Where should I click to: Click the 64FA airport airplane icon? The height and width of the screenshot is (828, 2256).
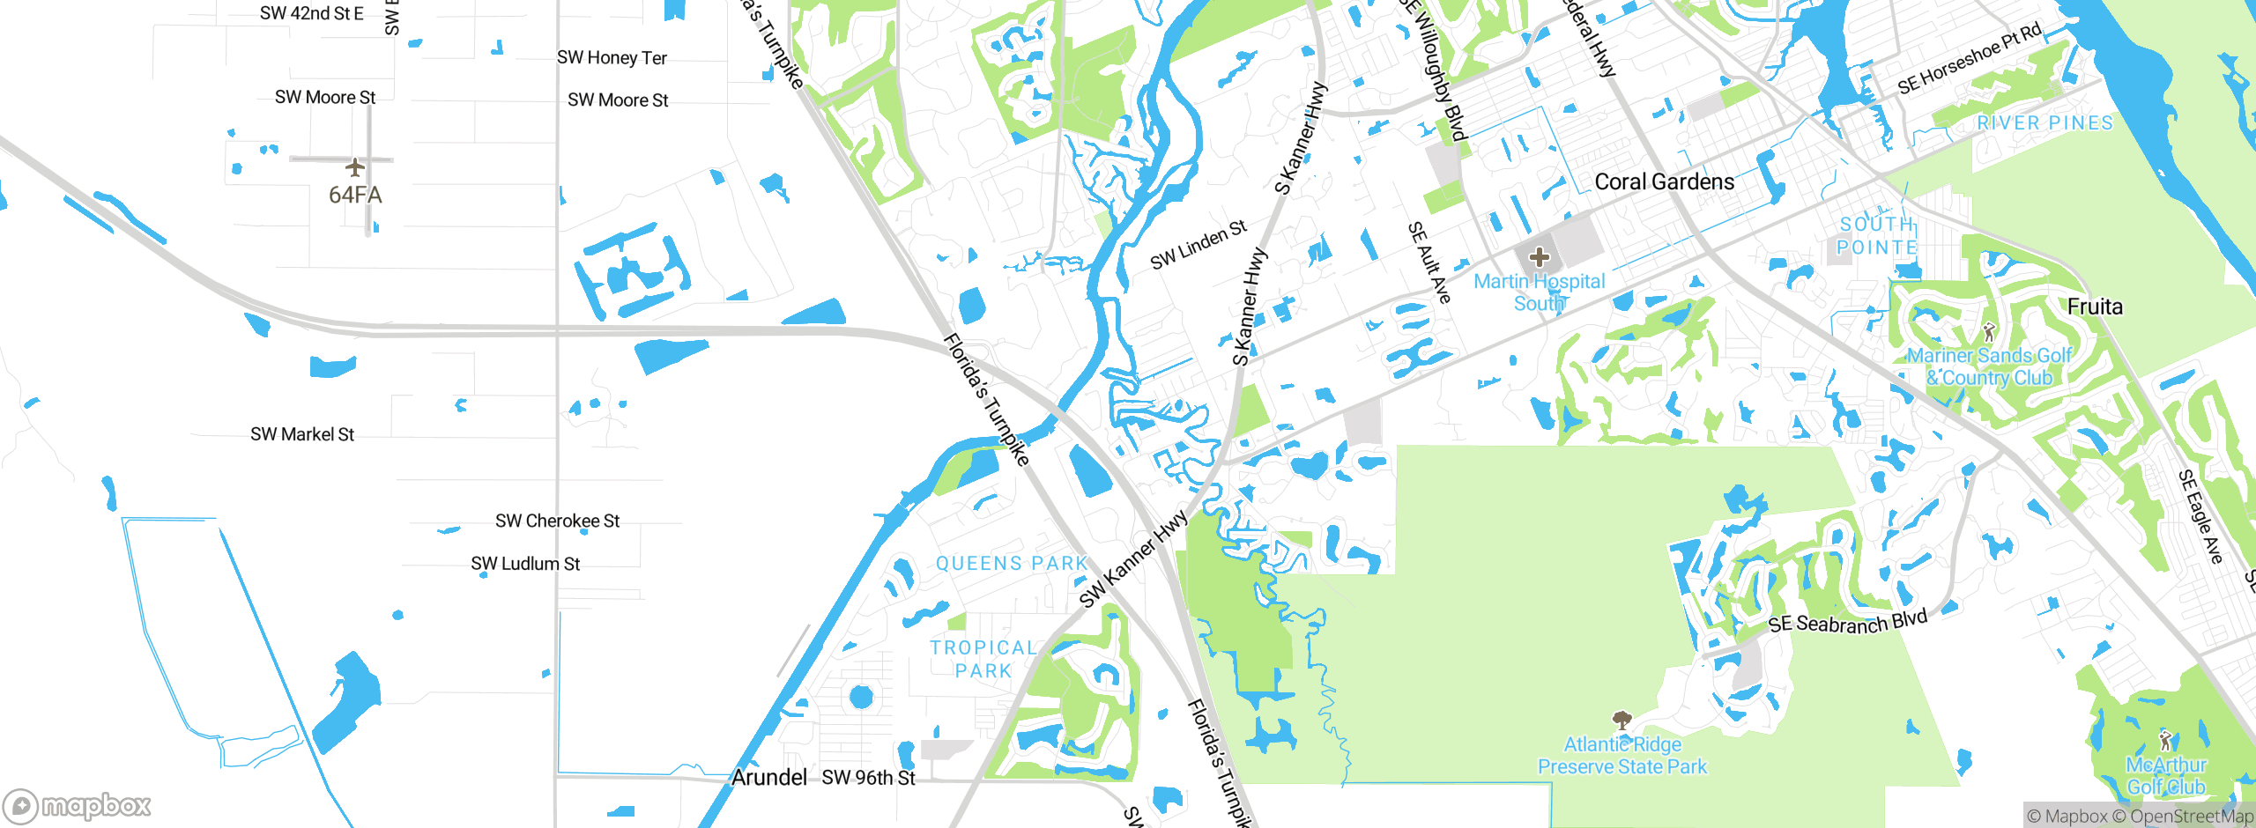[x=355, y=166]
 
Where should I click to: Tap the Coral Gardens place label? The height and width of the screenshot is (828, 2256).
[x=1664, y=182]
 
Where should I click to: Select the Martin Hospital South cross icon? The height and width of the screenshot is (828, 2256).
[x=1539, y=257]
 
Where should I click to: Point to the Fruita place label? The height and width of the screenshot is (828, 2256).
[x=2095, y=307]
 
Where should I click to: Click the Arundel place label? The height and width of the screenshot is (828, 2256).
[x=768, y=777]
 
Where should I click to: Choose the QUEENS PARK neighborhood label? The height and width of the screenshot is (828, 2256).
[x=1012, y=564]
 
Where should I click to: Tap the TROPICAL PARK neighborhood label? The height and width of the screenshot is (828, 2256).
[x=983, y=659]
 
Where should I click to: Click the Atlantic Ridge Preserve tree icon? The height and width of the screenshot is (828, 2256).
[x=1621, y=721]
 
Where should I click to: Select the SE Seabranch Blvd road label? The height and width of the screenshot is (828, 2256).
[x=1847, y=622]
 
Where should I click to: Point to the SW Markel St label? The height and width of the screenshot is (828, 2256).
[x=302, y=434]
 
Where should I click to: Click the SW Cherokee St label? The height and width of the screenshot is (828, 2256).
[x=557, y=521]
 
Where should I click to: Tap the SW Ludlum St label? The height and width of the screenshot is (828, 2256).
[x=525, y=564]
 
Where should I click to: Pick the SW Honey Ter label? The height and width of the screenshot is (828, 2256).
[x=612, y=58]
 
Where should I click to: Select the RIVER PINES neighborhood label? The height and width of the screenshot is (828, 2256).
[x=2044, y=123]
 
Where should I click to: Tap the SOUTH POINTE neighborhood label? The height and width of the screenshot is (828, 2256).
[x=1877, y=236]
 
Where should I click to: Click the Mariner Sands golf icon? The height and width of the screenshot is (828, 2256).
[x=1988, y=332]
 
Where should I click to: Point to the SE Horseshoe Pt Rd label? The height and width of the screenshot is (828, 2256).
[x=1969, y=59]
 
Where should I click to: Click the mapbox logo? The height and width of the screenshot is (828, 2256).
[x=78, y=805]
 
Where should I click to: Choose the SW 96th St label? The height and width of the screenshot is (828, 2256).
[x=868, y=778]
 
